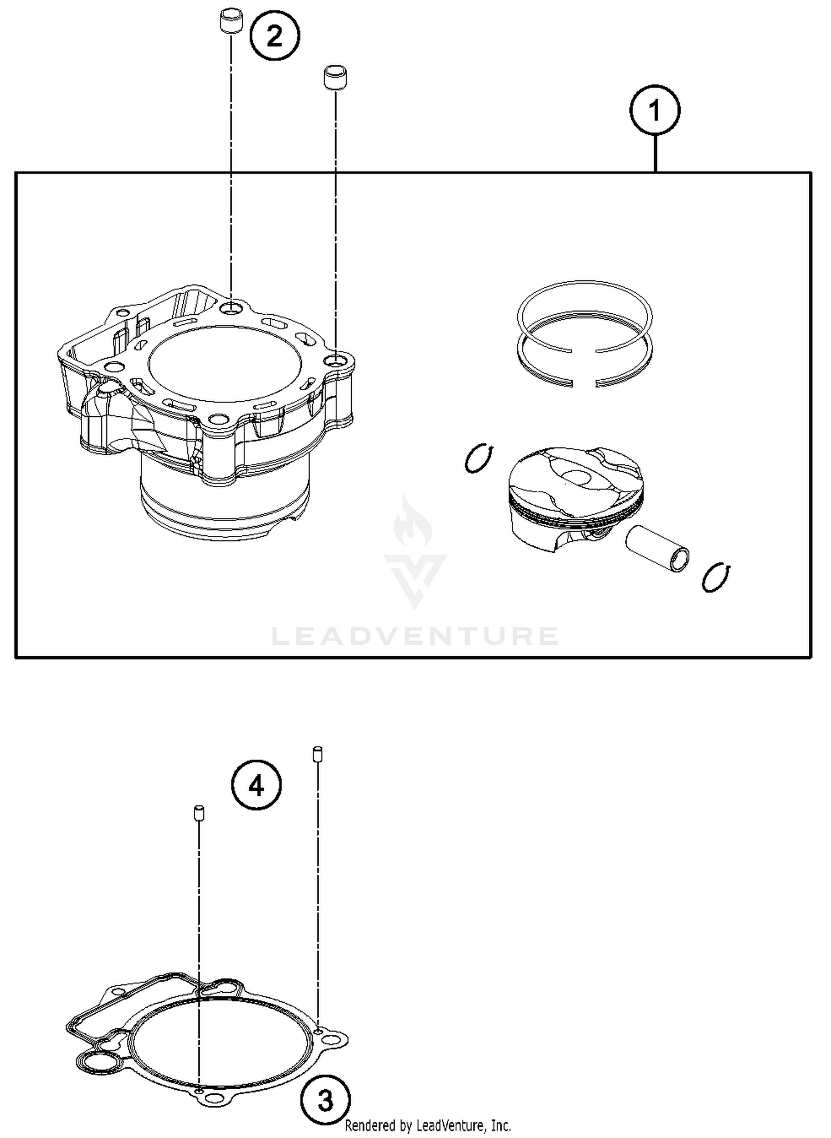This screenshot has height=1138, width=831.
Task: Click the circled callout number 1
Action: click(655, 110)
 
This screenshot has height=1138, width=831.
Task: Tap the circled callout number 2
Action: click(274, 37)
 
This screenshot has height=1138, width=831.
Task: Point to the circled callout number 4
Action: click(256, 786)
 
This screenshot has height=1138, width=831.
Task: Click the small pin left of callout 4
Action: click(198, 813)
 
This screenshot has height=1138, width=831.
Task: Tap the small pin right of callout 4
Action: click(317, 754)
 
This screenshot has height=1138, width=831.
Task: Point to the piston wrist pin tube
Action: click(658, 548)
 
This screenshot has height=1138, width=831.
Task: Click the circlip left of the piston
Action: click(479, 458)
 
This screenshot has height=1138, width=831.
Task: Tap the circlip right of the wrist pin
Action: click(715, 578)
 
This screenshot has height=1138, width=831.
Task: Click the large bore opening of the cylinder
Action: click(224, 363)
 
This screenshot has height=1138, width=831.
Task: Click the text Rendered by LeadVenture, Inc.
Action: click(428, 1126)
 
